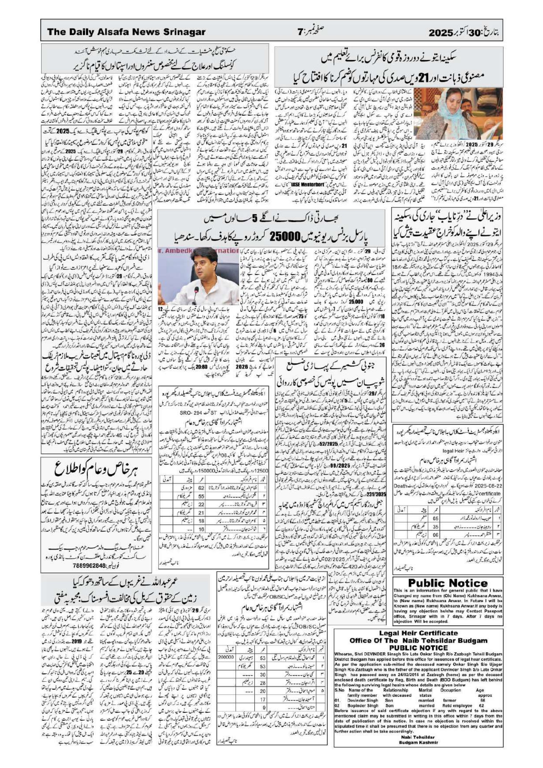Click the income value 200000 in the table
pos(227,647)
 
